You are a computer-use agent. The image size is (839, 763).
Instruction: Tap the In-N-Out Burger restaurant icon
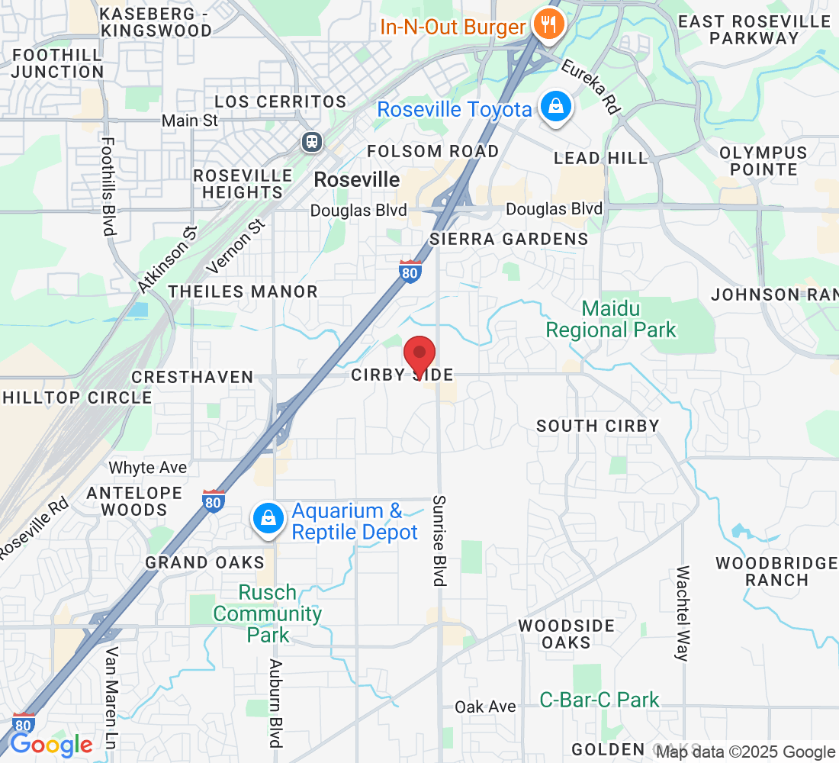coord(548,25)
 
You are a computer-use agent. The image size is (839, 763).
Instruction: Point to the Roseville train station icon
coord(311,141)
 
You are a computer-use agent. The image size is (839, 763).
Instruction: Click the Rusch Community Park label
coord(268,613)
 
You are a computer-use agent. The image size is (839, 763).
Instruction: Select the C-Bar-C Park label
coord(600,700)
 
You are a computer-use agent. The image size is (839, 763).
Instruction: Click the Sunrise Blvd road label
coord(439,540)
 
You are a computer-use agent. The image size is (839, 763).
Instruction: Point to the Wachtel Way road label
coord(683,613)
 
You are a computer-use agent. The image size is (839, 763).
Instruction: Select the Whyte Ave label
coord(148,467)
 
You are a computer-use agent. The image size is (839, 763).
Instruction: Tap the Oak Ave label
coord(485,707)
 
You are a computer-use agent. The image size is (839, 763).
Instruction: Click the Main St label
coord(190,121)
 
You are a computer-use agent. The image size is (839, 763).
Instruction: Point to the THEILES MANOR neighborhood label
coord(243,291)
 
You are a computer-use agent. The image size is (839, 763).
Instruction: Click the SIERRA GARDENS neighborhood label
coord(509,239)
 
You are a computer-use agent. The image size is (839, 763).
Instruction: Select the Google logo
coord(51,745)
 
